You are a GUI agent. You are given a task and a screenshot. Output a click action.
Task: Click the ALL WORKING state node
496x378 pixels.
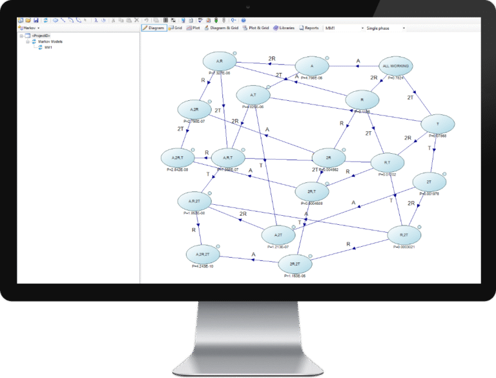pos(395,66)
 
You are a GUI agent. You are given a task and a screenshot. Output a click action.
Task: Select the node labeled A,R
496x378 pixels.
pos(220,62)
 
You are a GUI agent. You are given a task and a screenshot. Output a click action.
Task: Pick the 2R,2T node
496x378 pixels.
pos(295,264)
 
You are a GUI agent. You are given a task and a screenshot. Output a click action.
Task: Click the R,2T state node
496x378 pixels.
pos(404,235)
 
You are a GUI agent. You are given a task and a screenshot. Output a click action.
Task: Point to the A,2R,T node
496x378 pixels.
pos(178,157)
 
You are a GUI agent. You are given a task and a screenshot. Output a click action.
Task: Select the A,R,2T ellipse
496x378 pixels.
pos(196,202)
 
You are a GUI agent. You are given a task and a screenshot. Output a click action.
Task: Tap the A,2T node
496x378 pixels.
pos(279,235)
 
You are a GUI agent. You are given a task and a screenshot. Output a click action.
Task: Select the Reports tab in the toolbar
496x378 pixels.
pos(309,28)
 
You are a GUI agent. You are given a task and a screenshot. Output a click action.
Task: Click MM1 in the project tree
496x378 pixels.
pos(48,48)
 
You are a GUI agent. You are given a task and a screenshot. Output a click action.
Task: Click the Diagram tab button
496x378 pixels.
pos(153,28)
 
